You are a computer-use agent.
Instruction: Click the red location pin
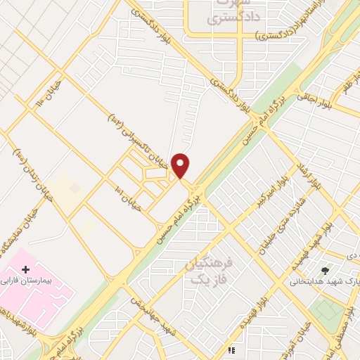[181, 166]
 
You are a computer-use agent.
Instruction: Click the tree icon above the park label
[325, 270]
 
